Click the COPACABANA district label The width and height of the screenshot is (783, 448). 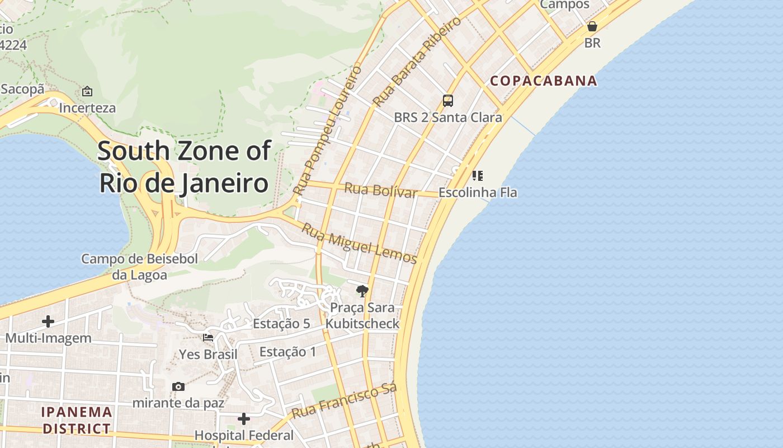(544, 81)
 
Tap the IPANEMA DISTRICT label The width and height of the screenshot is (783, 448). (77, 421)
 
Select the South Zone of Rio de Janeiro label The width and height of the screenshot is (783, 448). (184, 167)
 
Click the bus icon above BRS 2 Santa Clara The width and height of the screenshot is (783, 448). (447, 101)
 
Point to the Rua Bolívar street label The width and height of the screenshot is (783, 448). (380, 190)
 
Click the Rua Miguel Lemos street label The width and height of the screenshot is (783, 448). (359, 243)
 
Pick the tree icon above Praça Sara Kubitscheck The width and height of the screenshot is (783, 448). (362, 291)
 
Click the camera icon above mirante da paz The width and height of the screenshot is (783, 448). (178, 386)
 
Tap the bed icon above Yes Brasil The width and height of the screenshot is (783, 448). (208, 338)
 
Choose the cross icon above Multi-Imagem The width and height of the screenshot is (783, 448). (48, 321)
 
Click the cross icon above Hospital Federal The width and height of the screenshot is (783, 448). (244, 419)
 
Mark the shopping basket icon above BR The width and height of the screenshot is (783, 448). (592, 26)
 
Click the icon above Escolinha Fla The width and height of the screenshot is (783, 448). (477, 176)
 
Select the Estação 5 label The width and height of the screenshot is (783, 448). (281, 324)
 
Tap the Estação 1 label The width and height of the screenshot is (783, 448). (288, 352)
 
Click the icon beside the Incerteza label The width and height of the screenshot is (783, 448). (87, 91)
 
